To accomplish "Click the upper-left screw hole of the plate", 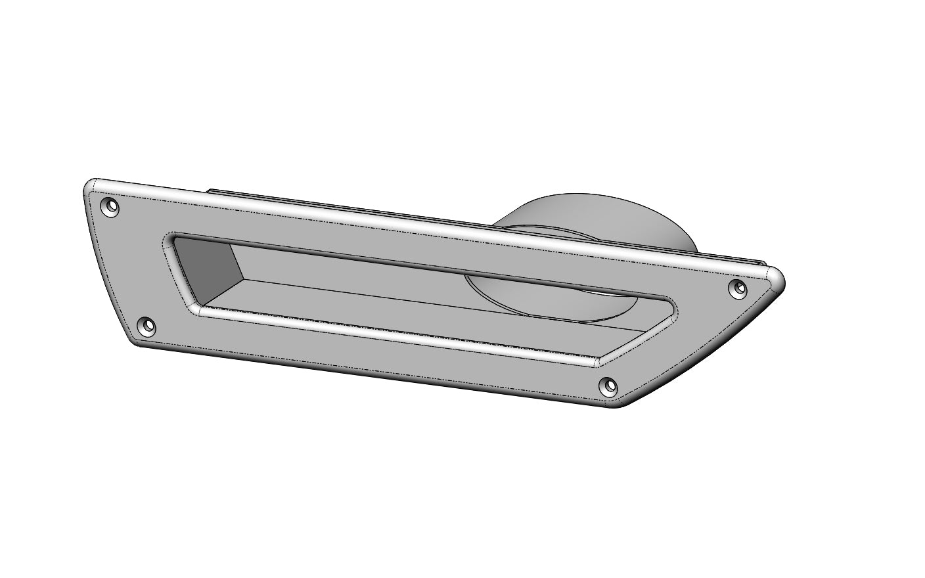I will point(110,207).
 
